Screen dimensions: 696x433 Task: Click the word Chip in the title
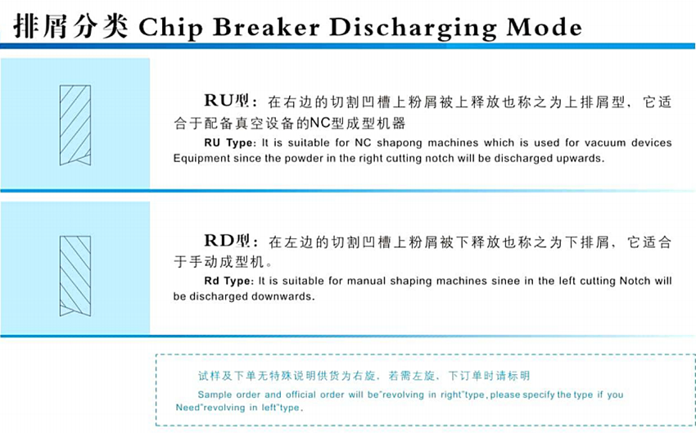tap(170, 28)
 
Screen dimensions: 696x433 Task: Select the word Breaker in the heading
tap(266, 27)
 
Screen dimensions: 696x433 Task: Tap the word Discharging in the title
tap(413, 29)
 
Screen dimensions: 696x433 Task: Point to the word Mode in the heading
tap(545, 27)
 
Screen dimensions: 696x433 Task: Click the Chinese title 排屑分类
tap(71, 26)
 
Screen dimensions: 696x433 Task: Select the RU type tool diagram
tap(75, 125)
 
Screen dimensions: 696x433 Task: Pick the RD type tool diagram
tap(75, 276)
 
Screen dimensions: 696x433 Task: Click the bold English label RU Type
tap(230, 143)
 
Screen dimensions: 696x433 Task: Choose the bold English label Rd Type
tap(228, 281)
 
